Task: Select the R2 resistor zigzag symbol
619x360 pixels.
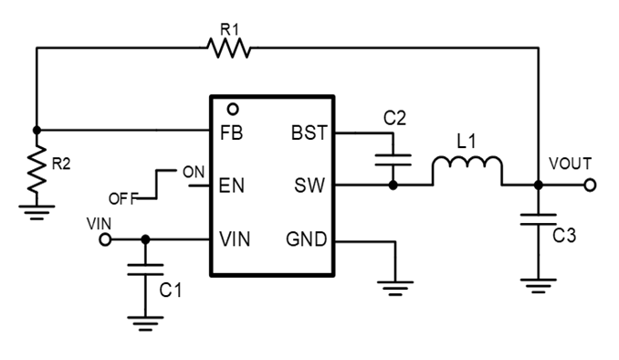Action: tap(36, 170)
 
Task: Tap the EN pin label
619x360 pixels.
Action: tap(231, 185)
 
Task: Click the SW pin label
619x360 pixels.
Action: tap(309, 185)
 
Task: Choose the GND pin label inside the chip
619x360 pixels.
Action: tap(306, 239)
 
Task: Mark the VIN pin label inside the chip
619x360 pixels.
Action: tap(236, 239)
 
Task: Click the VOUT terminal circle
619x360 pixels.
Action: tap(591, 185)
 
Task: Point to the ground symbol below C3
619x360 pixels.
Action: tap(538, 284)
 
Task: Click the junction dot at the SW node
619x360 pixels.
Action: tap(393, 185)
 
